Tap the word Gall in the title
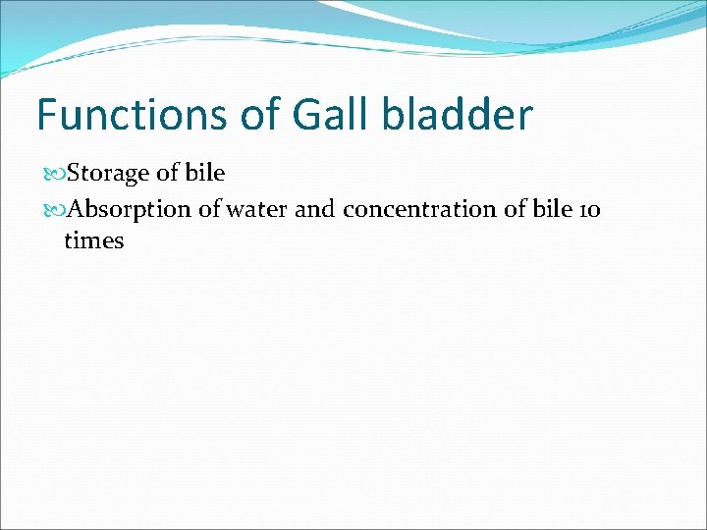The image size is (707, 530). (334, 115)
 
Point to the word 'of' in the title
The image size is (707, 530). (261, 115)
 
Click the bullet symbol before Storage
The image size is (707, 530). (53, 175)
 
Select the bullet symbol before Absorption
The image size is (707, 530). (53, 209)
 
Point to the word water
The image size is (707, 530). (258, 209)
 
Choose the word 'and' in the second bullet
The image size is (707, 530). (314, 209)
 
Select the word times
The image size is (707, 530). (93, 240)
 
